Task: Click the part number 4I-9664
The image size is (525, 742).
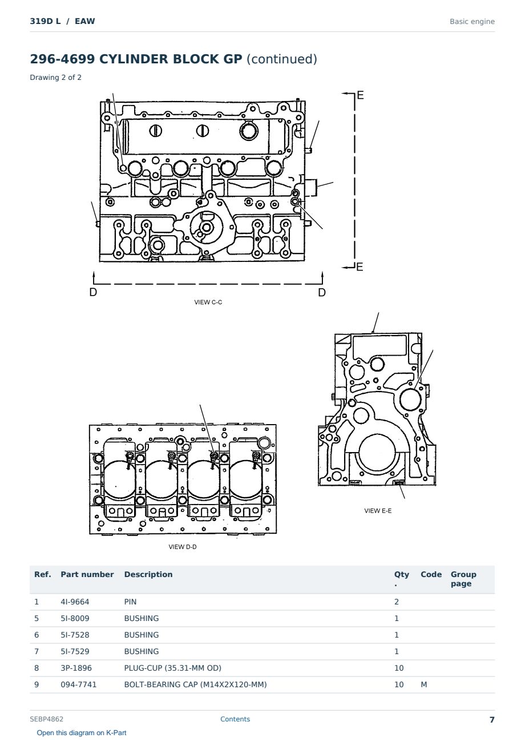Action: tap(75, 602)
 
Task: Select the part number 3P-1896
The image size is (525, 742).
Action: tap(76, 668)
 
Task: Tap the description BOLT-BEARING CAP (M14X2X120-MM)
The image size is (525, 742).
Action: tap(195, 684)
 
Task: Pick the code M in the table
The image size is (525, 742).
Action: tap(423, 684)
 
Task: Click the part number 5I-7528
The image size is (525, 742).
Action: tap(75, 635)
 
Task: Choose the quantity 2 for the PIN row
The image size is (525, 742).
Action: tap(397, 602)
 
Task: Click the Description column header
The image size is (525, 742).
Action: tap(148, 574)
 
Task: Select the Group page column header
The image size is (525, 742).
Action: tap(463, 579)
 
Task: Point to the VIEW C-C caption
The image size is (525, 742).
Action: tap(208, 302)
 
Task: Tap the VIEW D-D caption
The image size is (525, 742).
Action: tap(183, 547)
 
